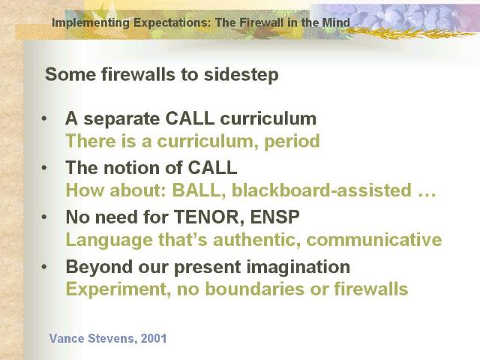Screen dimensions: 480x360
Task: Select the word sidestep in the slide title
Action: coord(241,75)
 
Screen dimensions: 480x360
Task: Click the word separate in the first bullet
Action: coord(121,119)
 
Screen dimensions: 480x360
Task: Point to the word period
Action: coord(292,142)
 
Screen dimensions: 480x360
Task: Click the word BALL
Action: coord(198,190)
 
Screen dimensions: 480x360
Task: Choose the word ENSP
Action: coord(274,217)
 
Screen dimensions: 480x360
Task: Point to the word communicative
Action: coord(374,240)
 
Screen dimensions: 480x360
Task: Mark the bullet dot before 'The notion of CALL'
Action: coord(44,167)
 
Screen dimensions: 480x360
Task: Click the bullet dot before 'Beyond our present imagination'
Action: coord(44,267)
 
